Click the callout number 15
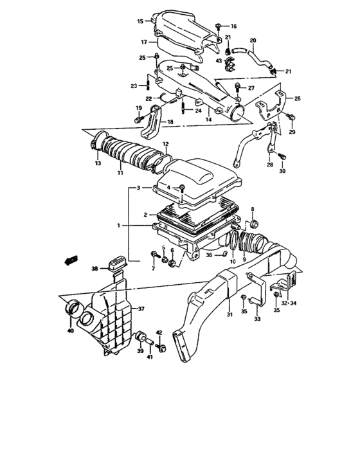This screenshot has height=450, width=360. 139,22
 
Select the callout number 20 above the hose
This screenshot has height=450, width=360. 253,40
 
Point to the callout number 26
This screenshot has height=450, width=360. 297,98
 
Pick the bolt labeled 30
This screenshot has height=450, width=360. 282,156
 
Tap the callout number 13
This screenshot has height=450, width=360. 98,164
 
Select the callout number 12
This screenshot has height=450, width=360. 165,144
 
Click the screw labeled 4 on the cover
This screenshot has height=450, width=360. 183,187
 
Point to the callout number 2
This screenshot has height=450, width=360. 146,215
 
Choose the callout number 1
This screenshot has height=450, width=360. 118,226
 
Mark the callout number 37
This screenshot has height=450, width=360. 140,309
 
